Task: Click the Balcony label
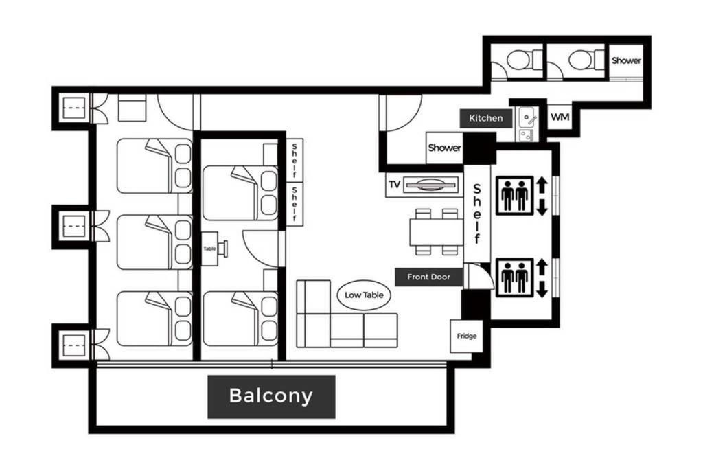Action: click(x=271, y=397)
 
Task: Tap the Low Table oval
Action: click(x=364, y=295)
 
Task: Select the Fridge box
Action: click(x=466, y=336)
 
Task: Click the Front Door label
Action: click(x=428, y=277)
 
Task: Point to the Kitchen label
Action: click(x=485, y=118)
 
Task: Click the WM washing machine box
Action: click(x=560, y=117)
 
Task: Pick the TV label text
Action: click(x=395, y=185)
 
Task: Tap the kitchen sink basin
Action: click(x=528, y=118)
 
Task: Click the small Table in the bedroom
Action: click(x=210, y=249)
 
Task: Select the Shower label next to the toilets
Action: click(x=626, y=60)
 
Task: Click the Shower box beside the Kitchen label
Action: click(x=444, y=148)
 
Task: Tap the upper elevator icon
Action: click(x=515, y=196)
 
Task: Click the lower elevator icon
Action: click(x=515, y=277)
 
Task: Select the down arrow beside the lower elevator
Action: click(x=542, y=288)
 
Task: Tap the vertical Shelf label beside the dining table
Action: click(x=477, y=214)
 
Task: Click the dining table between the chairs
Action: click(x=436, y=232)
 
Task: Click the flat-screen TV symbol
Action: click(x=431, y=184)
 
